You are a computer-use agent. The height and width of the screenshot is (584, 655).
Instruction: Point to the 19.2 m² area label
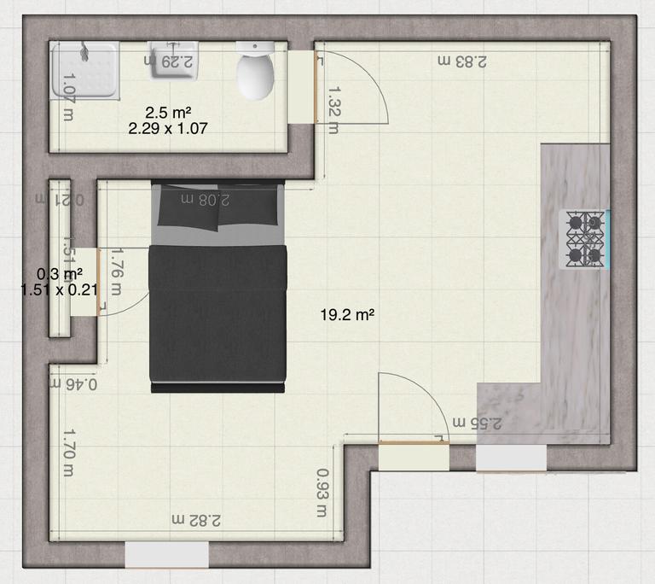tap(348, 315)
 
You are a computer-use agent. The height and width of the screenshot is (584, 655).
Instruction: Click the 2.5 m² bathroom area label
tap(167, 112)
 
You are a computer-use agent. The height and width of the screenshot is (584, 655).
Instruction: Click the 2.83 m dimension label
tap(461, 61)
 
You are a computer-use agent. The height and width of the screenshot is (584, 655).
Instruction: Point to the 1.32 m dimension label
tap(333, 109)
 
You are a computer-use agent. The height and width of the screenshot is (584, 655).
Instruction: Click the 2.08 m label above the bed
tap(202, 199)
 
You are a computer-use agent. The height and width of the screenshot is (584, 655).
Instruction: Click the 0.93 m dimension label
tap(322, 493)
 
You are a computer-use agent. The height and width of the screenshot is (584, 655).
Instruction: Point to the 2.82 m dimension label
tap(197, 519)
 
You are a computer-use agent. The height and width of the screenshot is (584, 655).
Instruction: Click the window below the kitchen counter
tap(511, 458)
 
